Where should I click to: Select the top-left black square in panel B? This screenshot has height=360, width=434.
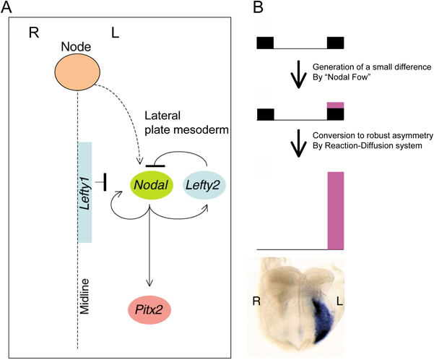coord(266,42)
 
